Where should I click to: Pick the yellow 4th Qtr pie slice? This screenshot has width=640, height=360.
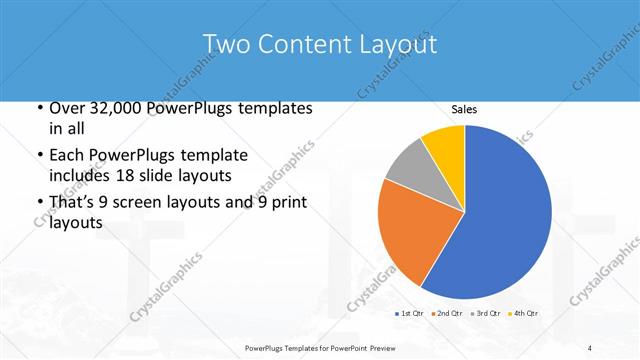(443, 143)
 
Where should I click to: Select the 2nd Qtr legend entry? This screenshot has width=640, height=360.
(445, 314)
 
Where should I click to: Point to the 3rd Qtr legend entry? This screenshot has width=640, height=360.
(484, 314)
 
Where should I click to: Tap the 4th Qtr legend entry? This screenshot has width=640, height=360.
(521, 314)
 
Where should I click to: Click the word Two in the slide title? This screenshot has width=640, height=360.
(226, 45)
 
